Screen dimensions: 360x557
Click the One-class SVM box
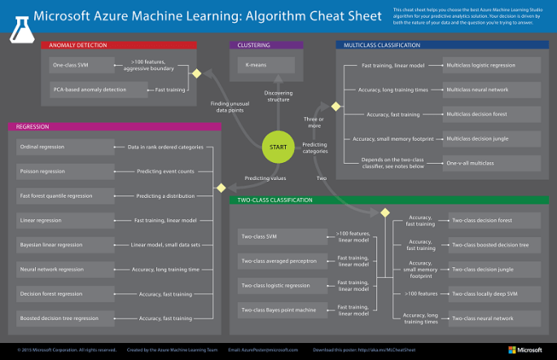coord(78,64)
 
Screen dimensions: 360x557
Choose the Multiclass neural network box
coord(490,89)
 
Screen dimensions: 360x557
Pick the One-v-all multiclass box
coord(490,163)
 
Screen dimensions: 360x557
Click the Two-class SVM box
coord(280,237)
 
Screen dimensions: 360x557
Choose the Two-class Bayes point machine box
coord(280,310)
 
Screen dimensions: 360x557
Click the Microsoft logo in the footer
coord(524,349)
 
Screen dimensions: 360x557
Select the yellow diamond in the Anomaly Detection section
coord(195,76)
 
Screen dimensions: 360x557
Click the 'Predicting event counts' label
coord(165,172)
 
